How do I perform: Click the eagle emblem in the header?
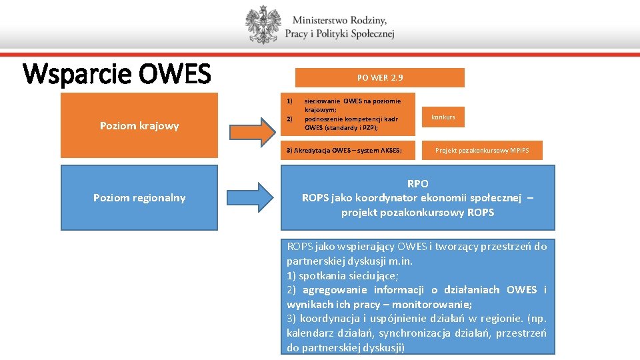coord(263,25)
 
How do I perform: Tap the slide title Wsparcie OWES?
coord(117,74)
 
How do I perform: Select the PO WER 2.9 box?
coord(379,77)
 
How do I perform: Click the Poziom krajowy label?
coord(139,126)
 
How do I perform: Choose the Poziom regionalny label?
coord(139,197)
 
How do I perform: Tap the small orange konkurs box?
coord(443,117)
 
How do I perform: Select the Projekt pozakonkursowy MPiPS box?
coord(481,150)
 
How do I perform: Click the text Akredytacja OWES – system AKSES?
coord(344,150)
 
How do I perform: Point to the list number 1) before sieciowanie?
coord(290,101)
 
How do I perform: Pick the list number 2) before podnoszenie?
coord(290,119)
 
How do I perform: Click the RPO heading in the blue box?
coord(417,183)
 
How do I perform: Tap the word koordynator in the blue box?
coord(388,197)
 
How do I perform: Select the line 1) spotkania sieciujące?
coord(343,275)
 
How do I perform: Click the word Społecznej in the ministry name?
coord(370,34)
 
